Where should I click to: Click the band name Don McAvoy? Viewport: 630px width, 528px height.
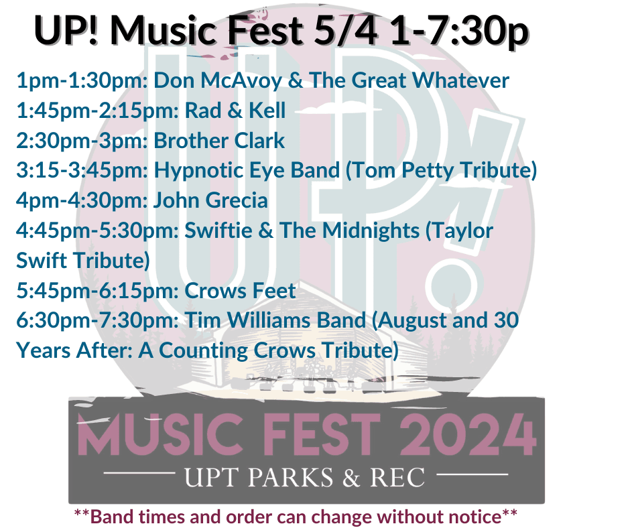[x=212, y=82]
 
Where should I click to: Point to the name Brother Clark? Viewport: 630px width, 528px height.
[x=219, y=141]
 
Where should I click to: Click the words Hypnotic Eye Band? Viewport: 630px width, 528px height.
[x=247, y=171]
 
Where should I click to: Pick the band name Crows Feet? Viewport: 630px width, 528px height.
[x=239, y=290]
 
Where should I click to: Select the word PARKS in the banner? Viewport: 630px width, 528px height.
[x=290, y=477]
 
